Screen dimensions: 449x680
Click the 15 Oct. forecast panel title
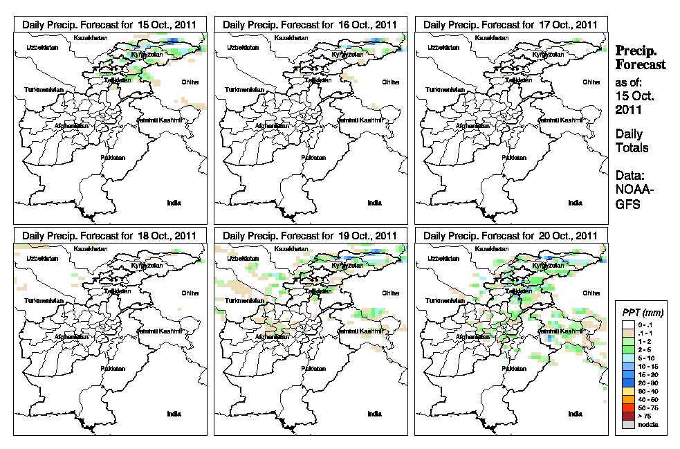click(109, 24)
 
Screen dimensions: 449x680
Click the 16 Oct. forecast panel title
click(310, 24)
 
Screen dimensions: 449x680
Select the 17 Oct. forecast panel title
click(511, 24)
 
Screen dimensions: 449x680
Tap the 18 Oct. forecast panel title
click(109, 236)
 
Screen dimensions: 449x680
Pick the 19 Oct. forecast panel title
click(310, 236)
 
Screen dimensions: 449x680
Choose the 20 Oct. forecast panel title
click(511, 236)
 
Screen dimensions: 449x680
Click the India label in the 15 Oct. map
click(174, 203)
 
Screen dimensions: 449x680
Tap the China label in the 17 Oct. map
click(591, 82)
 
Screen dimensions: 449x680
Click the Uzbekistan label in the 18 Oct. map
click(39, 258)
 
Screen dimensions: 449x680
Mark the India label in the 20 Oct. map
click(575, 414)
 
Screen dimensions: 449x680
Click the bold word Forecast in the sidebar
click(641, 65)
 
